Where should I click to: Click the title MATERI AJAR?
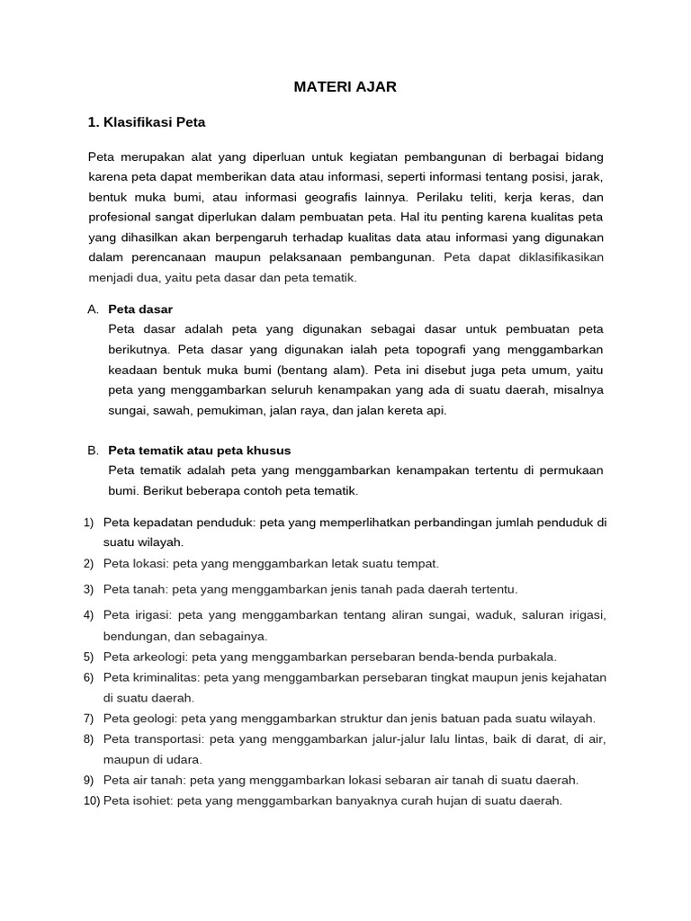345,87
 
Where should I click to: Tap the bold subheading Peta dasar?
139,308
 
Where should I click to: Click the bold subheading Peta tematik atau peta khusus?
199,450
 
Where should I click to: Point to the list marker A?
93,308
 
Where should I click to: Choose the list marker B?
93,450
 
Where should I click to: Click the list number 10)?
92,800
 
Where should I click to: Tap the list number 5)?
88,657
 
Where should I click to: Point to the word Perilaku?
470,196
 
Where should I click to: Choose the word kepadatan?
164,522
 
